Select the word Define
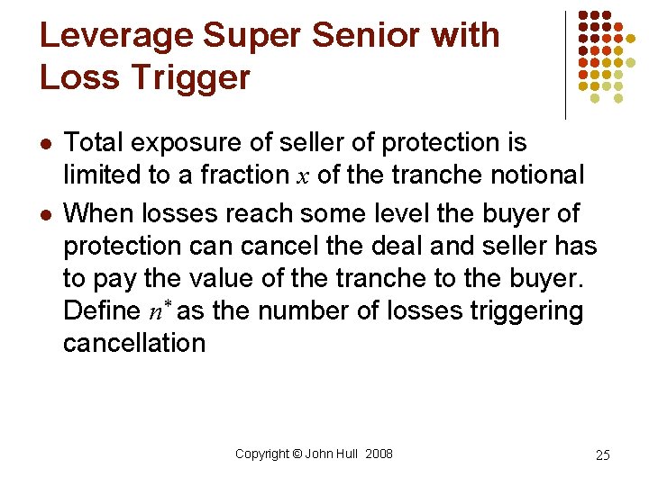click(x=101, y=312)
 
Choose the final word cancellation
click(x=134, y=343)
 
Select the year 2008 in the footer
click(x=379, y=454)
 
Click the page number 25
click(x=603, y=455)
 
